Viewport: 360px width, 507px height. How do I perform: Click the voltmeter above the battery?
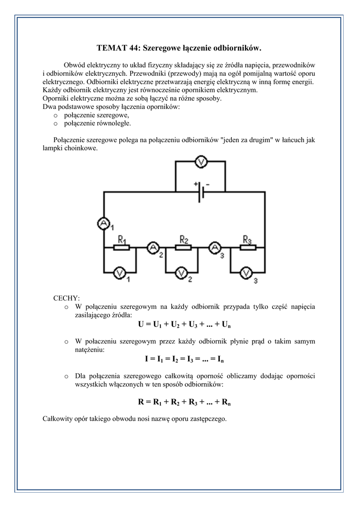(x=200, y=162)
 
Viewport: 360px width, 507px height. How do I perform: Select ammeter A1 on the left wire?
(x=103, y=224)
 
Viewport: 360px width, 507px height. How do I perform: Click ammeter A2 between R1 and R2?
(x=153, y=247)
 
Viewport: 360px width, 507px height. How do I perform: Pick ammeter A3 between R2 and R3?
(x=215, y=247)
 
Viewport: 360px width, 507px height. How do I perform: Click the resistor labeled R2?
(x=184, y=247)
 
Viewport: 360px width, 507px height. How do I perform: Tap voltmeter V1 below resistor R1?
(x=119, y=272)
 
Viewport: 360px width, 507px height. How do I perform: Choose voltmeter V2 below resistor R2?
(x=182, y=272)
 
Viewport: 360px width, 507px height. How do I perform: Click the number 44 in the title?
(x=135, y=48)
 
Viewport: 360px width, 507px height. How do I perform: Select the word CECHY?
(x=66, y=298)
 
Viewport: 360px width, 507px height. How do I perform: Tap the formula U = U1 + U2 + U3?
(x=185, y=325)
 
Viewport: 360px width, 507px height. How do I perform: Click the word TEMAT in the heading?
(x=112, y=48)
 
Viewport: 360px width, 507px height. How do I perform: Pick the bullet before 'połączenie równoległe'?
(x=56, y=124)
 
